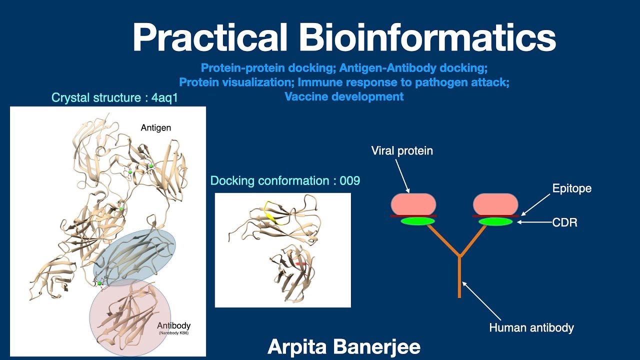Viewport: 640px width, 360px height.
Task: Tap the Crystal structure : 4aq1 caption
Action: pos(114,97)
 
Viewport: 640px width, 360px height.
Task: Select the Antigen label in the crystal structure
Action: pos(155,128)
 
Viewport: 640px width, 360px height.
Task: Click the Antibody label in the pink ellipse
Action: pos(173,326)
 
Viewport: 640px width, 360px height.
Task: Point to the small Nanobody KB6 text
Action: pos(174,333)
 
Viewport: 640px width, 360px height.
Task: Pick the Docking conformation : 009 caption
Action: pos(285,180)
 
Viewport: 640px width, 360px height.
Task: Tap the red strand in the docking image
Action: pos(300,263)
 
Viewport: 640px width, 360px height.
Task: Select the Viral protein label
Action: pos(402,150)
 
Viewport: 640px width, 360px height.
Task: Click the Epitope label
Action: pos(571,188)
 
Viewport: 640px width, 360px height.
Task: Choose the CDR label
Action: pos(564,222)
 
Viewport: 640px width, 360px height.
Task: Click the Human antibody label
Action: pos(531,328)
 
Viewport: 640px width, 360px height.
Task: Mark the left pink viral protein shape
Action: pos(413,204)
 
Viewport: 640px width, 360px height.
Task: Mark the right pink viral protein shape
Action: pos(495,204)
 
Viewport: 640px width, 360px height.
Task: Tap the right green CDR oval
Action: pos(495,221)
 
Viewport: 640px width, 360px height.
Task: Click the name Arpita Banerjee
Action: pos(344,346)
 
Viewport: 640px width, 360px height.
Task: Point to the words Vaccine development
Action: pos(344,96)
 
